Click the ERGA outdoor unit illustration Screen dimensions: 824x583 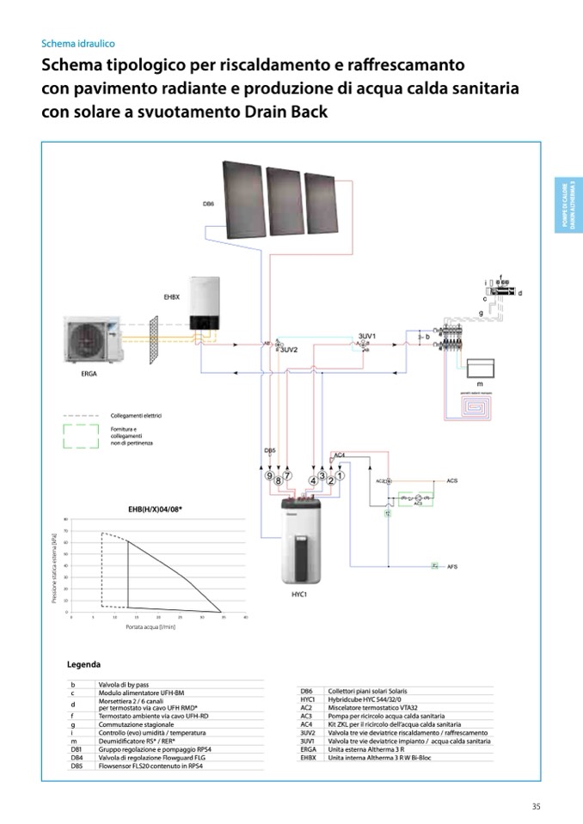click(x=95, y=340)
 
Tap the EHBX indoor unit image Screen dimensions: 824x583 click(x=207, y=304)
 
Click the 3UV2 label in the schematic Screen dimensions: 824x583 click(x=288, y=351)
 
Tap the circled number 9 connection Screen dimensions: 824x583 click(x=269, y=476)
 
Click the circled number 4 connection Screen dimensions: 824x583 click(x=313, y=479)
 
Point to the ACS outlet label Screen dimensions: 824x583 click(x=452, y=480)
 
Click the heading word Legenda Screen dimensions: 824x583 click(x=83, y=664)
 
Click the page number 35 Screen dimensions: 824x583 click(x=535, y=805)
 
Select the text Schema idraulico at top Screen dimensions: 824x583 click(x=78, y=43)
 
